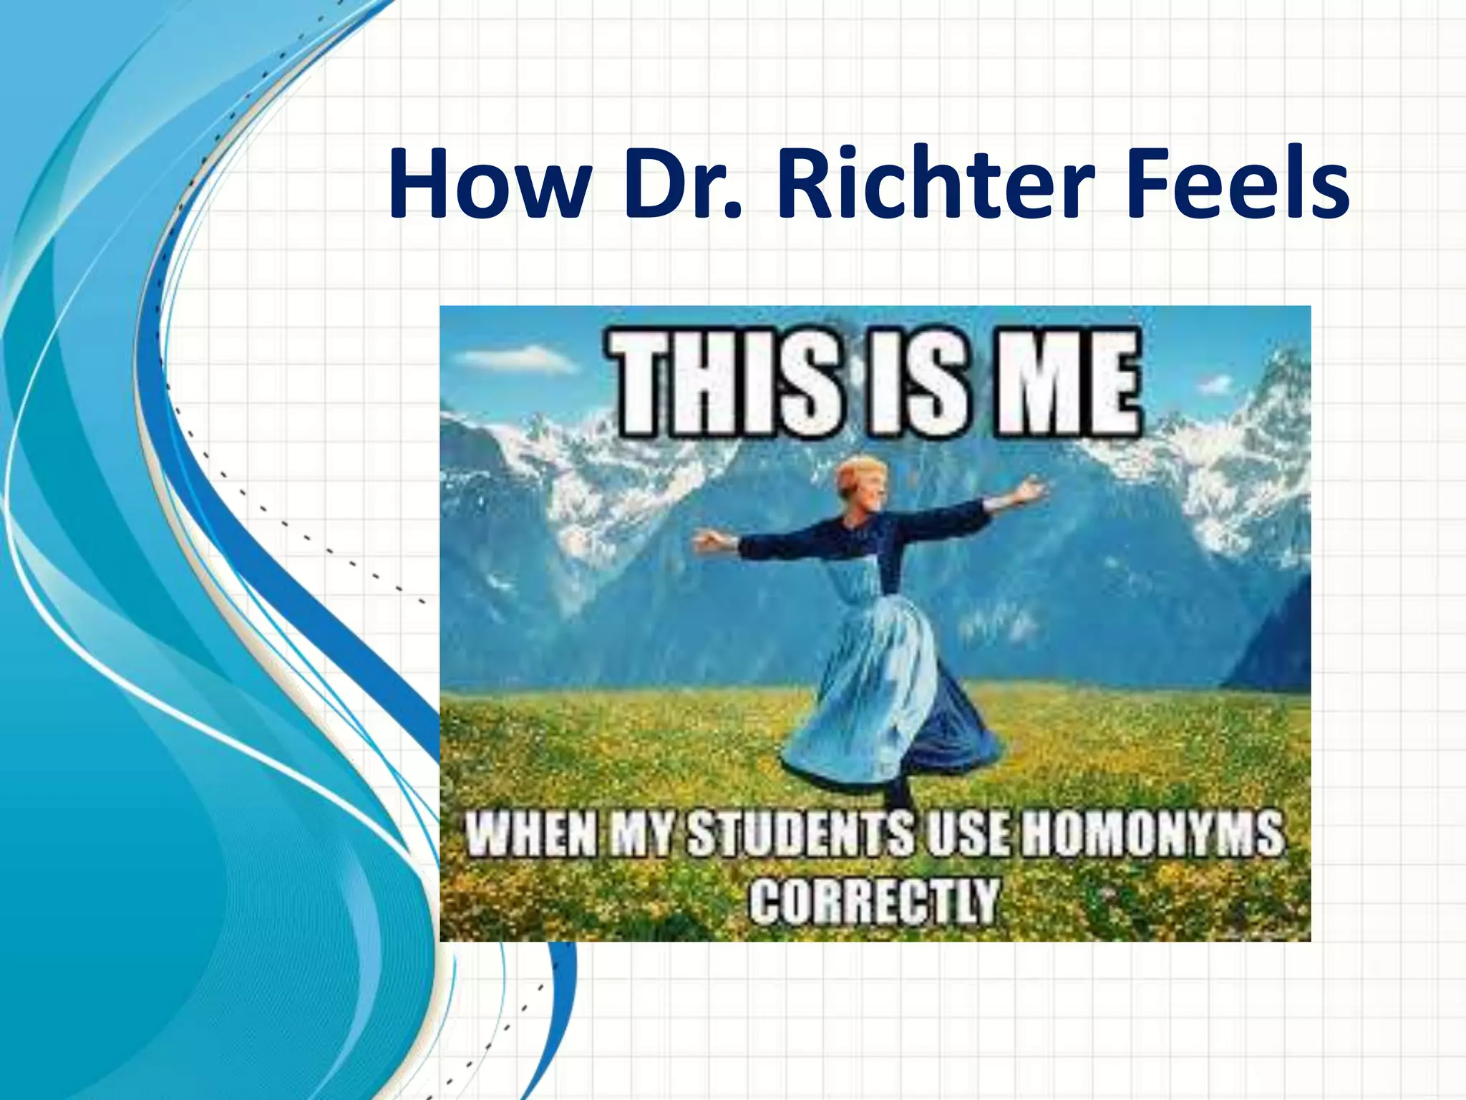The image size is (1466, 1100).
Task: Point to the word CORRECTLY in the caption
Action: [x=874, y=900]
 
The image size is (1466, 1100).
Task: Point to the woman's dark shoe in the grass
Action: [x=898, y=795]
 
